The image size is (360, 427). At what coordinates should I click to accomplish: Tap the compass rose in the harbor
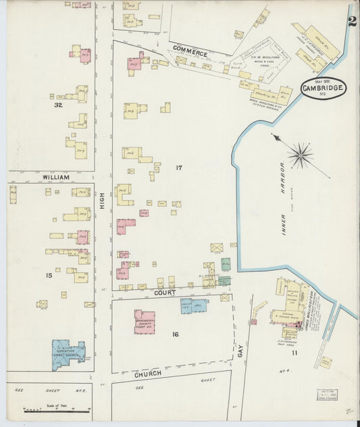pyautogui.click(x=300, y=155)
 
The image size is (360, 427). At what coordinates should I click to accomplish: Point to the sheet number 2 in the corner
pyautogui.click(x=352, y=20)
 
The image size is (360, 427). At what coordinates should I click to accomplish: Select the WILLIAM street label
pyautogui.click(x=56, y=176)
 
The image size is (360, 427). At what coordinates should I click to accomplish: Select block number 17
pyautogui.click(x=178, y=167)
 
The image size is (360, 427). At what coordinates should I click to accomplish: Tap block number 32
pyautogui.click(x=59, y=105)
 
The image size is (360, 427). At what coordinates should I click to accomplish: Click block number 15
pyautogui.click(x=49, y=275)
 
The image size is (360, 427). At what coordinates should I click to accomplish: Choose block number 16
pyautogui.click(x=175, y=334)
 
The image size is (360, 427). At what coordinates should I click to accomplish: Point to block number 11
pyautogui.click(x=294, y=353)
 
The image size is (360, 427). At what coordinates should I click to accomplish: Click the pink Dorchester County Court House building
pyautogui.click(x=144, y=322)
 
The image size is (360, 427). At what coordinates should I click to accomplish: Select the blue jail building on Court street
pyautogui.click(x=192, y=305)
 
